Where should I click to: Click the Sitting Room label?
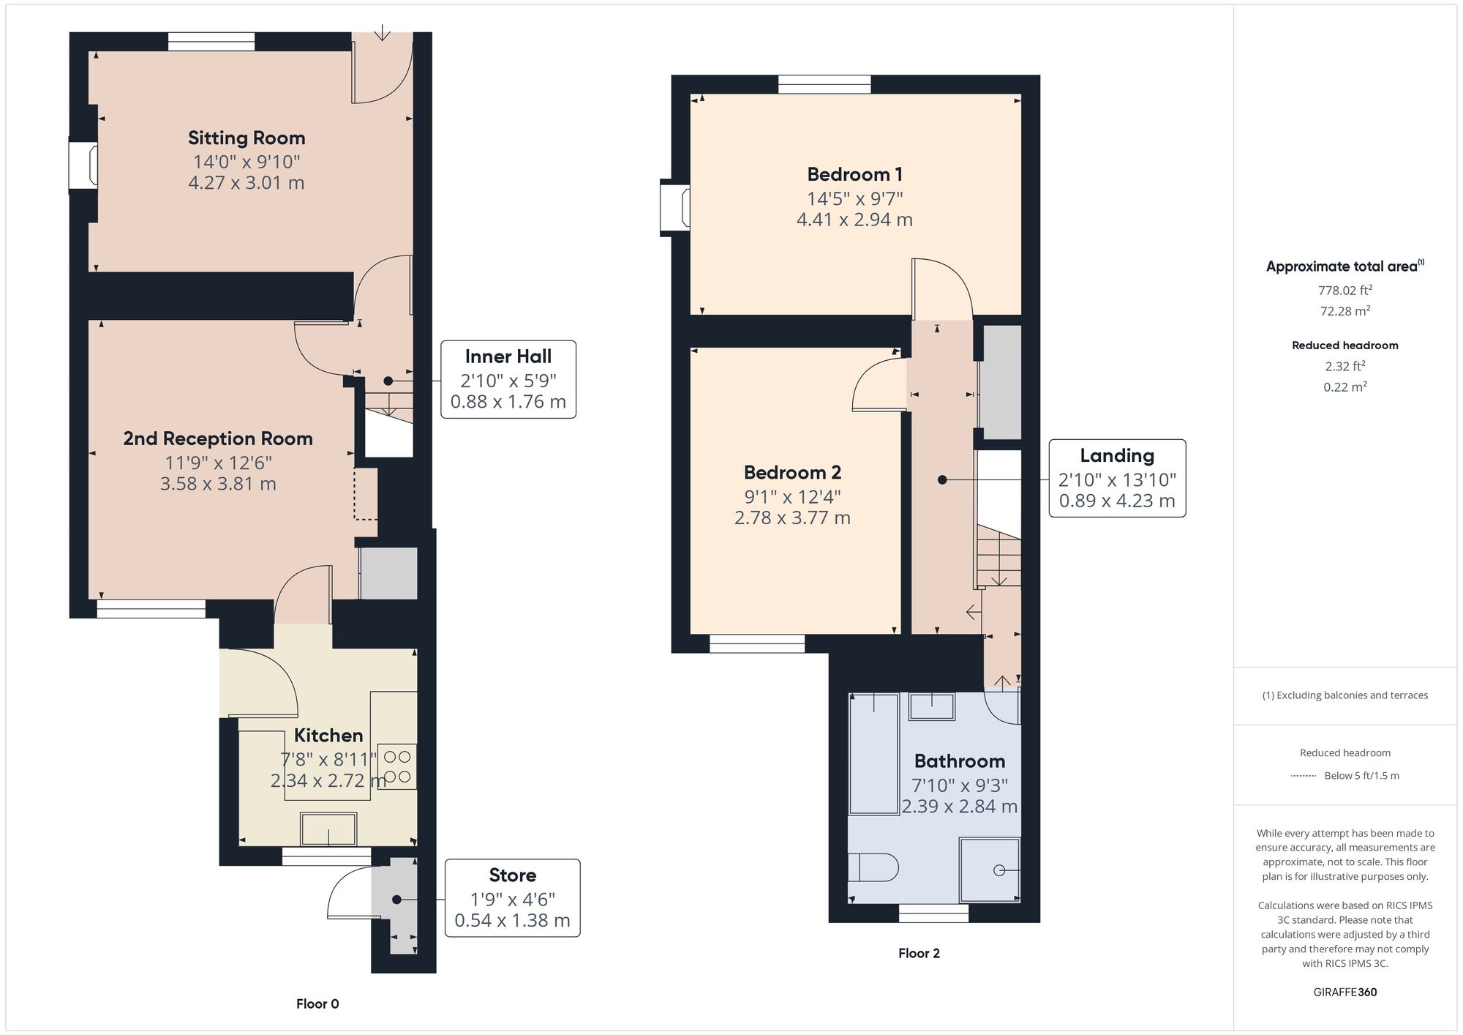coord(247,138)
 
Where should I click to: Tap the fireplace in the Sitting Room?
coord(83,165)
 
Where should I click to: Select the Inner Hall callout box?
coord(508,379)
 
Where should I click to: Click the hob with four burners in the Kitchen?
coord(398,766)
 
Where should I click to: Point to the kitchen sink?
coord(328,829)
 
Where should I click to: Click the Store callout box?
coord(512,898)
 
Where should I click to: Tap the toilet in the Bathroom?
coord(873,867)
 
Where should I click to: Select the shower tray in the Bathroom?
coord(990,870)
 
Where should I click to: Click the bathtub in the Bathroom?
coord(873,754)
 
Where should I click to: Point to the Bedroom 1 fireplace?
coord(674,208)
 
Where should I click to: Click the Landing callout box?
coord(1117,479)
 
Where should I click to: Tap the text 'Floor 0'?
coord(317,1004)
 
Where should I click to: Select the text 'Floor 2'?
coord(919,953)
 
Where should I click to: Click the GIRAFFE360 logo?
coord(1344,993)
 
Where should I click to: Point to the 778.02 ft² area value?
coord(1344,290)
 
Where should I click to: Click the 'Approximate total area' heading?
coord(1344,266)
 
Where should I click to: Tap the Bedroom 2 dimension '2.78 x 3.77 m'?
coord(792,517)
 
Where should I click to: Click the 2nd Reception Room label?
coord(218,438)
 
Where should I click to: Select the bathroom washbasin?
coord(931,706)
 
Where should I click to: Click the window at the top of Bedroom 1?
coord(824,84)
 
